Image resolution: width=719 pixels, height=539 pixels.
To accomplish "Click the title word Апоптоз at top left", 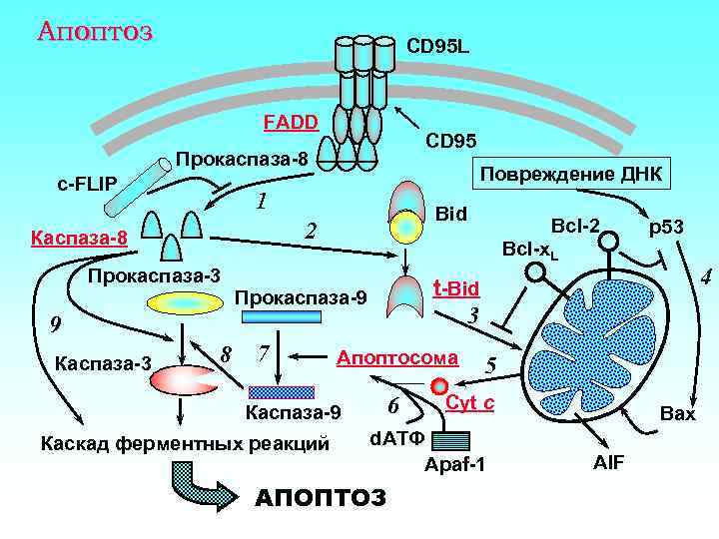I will (x=94, y=31).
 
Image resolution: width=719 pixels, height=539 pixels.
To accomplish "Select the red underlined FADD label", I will (x=290, y=123).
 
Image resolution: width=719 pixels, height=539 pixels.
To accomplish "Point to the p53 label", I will (x=666, y=228).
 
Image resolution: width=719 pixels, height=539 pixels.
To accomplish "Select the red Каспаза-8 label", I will (x=79, y=239).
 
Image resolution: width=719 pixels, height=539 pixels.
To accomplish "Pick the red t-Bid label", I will (x=456, y=288).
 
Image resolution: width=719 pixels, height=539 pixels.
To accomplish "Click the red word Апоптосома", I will (x=398, y=356).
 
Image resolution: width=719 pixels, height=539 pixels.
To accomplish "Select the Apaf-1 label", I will (x=454, y=465).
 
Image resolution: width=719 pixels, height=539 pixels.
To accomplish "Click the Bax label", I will (x=678, y=413).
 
